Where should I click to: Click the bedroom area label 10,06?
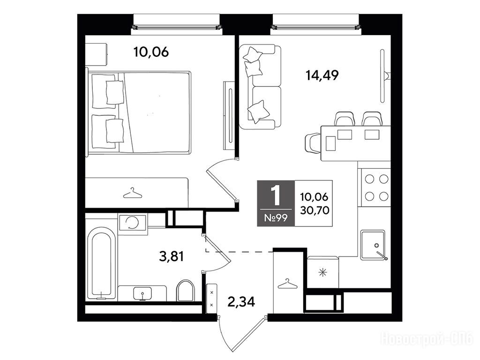[151, 52]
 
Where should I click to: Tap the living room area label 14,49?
[322, 75]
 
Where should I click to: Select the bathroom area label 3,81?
[172, 256]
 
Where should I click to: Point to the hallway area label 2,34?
[241, 302]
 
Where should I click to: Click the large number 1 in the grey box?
[277, 195]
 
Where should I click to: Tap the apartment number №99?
[276, 218]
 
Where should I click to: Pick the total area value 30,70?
[315, 210]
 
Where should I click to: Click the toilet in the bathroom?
[186, 290]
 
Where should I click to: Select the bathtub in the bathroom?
[102, 262]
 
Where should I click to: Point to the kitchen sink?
[373, 245]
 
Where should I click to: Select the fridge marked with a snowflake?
[323, 272]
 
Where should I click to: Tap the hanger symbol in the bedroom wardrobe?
[133, 194]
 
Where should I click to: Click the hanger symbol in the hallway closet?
[287, 284]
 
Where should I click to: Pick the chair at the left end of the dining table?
[313, 143]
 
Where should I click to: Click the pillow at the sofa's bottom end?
[259, 112]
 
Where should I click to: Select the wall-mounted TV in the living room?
[382, 75]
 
